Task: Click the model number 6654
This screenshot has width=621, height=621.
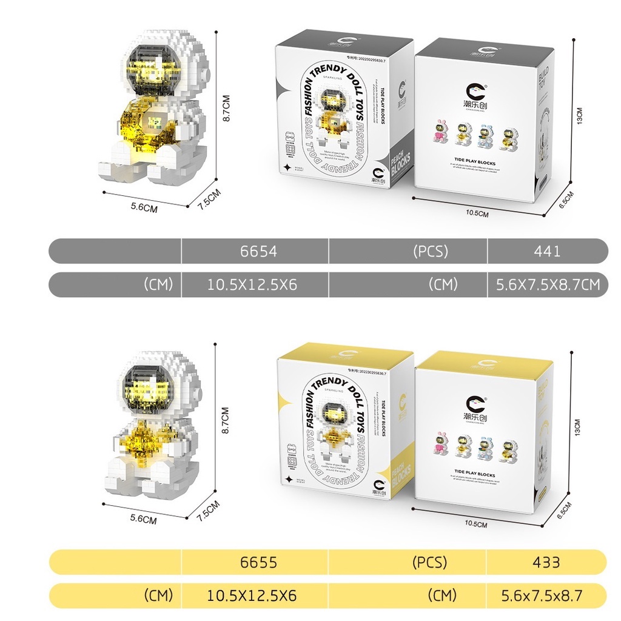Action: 258,251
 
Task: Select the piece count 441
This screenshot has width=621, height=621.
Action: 548,251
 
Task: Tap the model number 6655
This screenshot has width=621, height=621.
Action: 258,562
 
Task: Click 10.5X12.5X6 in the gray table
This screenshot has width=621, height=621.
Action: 252,284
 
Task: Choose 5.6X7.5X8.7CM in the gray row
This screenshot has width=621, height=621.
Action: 548,284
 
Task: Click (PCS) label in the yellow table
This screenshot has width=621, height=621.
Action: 429,562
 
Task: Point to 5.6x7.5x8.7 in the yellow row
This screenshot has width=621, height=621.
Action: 542,596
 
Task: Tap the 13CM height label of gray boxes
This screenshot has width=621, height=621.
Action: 579,116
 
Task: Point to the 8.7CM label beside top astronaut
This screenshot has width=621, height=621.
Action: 226,108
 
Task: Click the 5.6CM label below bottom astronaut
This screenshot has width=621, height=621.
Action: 144,520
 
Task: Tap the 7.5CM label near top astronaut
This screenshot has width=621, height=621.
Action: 209,198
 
